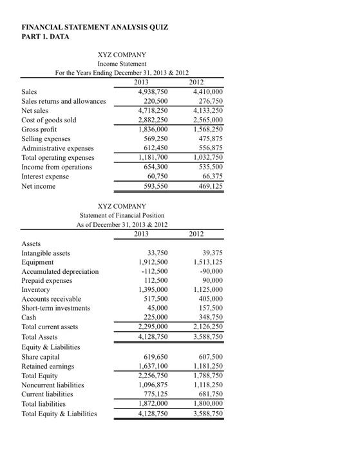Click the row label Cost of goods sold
click(49, 120)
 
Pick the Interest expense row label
click(47, 177)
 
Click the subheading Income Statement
click(122, 64)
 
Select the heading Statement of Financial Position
click(122, 215)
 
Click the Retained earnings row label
click(48, 366)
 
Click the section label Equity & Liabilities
click(51, 347)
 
